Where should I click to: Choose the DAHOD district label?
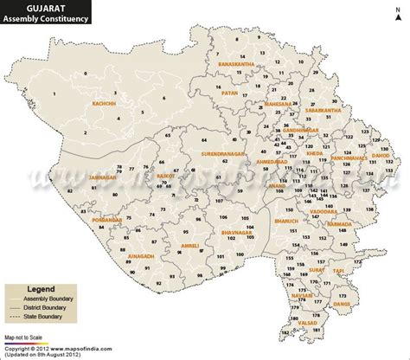[x=381, y=157]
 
